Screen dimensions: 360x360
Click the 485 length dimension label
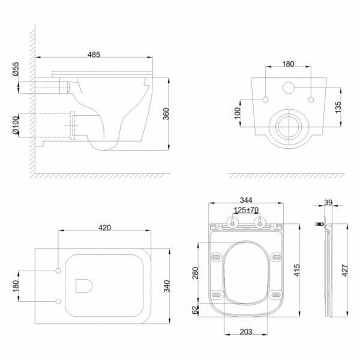[94, 55]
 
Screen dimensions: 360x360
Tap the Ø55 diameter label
[16, 69]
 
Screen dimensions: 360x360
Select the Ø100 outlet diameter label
[16, 125]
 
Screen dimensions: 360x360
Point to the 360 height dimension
[166, 113]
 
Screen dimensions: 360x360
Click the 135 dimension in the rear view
[338, 107]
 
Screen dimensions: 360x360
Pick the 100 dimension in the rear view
[238, 113]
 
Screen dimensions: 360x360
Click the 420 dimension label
[104, 228]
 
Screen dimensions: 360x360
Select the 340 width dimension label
[167, 286]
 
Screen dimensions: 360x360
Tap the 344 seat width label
[246, 200]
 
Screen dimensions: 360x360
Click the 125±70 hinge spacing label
[246, 210]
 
